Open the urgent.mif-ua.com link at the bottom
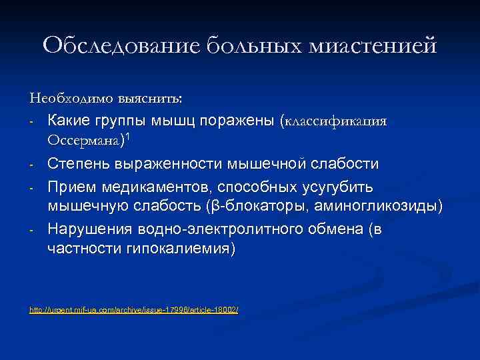pos(134,311)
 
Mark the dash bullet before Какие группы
pos(31,123)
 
